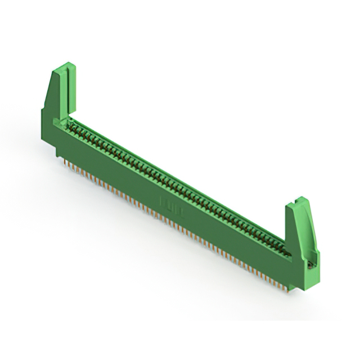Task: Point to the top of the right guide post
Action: pyautogui.click(x=298, y=201)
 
